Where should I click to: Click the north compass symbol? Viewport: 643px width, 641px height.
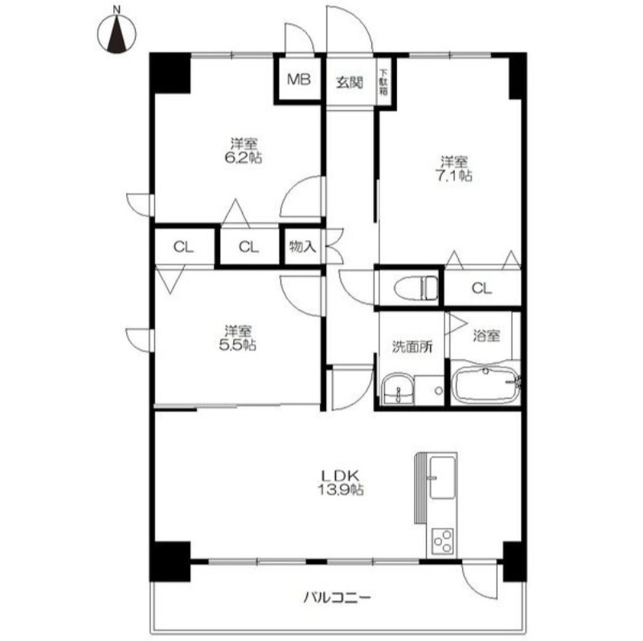coord(117,34)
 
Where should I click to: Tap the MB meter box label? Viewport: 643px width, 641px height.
coord(298,79)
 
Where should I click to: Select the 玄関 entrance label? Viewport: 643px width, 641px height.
coord(350,83)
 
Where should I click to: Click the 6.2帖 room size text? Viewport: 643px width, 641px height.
coord(244,157)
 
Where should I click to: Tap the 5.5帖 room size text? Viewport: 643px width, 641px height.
coord(238,345)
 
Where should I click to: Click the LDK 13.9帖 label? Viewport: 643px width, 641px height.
coord(340,483)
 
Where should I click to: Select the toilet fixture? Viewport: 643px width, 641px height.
coord(416,288)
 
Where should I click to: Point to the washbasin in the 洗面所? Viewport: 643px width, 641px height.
coord(398,390)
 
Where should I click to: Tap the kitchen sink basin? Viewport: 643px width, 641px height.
coord(443,477)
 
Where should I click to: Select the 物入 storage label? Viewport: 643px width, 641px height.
coord(303,247)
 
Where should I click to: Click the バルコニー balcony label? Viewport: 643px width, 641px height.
coord(337,597)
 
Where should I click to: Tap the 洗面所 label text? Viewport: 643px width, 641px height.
coord(412,347)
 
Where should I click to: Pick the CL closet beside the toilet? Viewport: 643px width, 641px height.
coord(481,288)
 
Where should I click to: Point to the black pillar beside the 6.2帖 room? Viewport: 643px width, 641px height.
coord(170,73)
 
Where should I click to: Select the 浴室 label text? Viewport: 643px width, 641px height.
coord(486,336)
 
